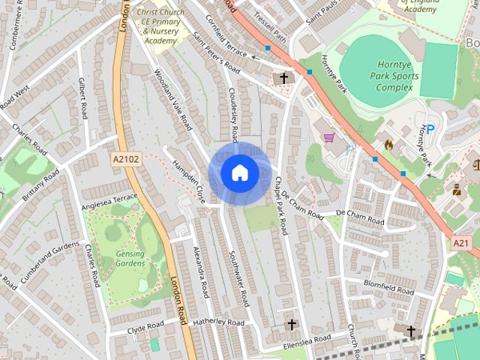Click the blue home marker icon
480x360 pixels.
(x=239, y=172)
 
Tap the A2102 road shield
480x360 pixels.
(x=127, y=159)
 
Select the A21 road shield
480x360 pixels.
(x=461, y=244)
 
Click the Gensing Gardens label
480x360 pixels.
(x=130, y=259)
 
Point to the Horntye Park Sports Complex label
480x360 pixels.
(x=391, y=76)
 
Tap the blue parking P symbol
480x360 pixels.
(x=430, y=129)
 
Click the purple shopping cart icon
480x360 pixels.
(x=328, y=137)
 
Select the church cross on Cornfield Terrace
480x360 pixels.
(x=284, y=78)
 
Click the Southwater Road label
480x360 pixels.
(x=238, y=277)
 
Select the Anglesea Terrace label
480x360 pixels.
(x=108, y=201)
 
